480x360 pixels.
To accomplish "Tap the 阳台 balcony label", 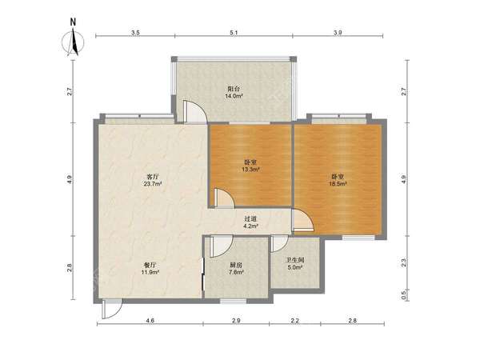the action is [x=234, y=89].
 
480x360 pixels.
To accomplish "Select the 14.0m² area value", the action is [x=234, y=96].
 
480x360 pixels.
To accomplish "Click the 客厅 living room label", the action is [x=153, y=177].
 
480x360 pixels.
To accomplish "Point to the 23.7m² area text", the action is [x=153, y=184].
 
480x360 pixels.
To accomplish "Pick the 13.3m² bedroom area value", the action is [x=250, y=169].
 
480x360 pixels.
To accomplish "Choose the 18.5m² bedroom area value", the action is [x=338, y=184].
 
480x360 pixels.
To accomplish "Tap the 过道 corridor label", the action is [x=250, y=219].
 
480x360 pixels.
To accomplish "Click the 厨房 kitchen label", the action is [x=234, y=265].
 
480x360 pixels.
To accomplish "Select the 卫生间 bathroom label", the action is [x=294, y=261].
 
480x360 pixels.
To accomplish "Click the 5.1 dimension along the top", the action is [x=234, y=33].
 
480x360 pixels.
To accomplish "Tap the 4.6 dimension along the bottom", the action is [x=150, y=321].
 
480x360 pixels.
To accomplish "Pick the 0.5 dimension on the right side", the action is [x=403, y=294].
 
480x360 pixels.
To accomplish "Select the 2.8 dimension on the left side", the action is [x=70, y=267].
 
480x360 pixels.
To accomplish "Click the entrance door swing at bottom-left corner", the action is [x=112, y=309].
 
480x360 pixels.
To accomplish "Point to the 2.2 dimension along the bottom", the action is [x=295, y=321].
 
